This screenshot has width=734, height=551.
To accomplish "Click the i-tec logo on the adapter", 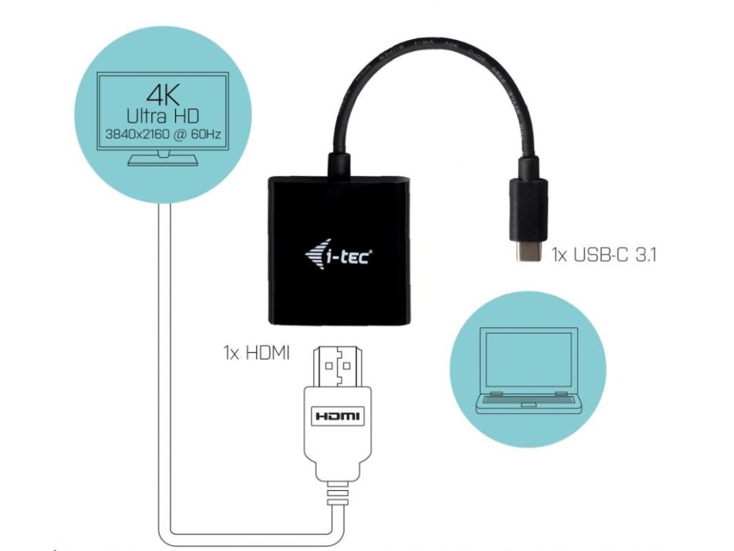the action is [x=337, y=255].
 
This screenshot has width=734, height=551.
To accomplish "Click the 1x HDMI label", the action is [x=256, y=353].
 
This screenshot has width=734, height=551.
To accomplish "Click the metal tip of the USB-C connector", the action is [x=528, y=253].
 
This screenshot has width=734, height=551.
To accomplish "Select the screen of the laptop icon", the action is [x=528, y=358].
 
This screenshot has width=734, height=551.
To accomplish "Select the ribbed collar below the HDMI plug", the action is [x=338, y=494].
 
